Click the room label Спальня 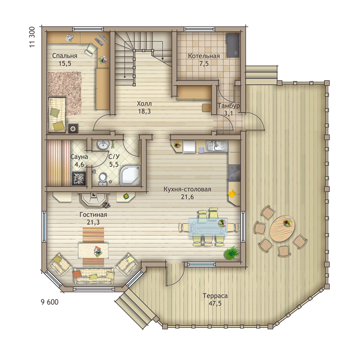point(65,56)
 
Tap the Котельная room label point(204,56)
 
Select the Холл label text point(144,103)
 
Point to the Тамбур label point(228,105)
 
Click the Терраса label point(215,296)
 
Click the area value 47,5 point(215,303)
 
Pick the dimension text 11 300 point(32,37)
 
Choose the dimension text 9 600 point(49,302)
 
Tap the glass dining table point(208,227)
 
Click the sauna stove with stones point(79,179)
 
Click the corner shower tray point(130,175)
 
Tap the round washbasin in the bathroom point(103,144)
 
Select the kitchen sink point(217,146)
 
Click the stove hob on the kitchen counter point(234,173)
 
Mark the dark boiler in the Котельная point(233,45)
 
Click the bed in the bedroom point(57,115)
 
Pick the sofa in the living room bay point(94,276)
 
